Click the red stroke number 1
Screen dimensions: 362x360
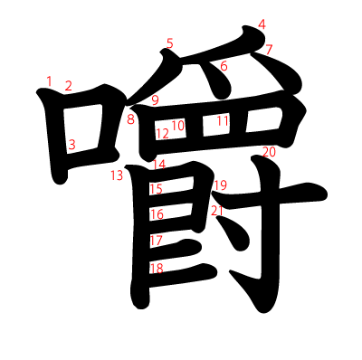[x=49, y=81]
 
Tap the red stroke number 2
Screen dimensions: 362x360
[x=68, y=86]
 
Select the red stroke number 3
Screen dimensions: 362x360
[x=71, y=144]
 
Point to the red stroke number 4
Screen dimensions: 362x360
[x=262, y=24]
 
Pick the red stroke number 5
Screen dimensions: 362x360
[x=169, y=43]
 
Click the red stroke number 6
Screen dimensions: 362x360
[x=224, y=66]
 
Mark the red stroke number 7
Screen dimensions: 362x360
[x=269, y=49]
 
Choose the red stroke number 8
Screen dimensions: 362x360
[x=130, y=119]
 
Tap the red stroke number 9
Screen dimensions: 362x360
[x=155, y=100]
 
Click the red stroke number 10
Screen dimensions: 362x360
[x=178, y=125]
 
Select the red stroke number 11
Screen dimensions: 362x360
[x=223, y=120]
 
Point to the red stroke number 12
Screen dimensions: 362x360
[x=162, y=134]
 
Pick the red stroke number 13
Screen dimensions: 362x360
[x=117, y=175]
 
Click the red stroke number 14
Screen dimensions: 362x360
[x=159, y=165]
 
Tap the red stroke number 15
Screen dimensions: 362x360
[x=156, y=189]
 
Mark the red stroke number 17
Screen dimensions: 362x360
[x=156, y=241]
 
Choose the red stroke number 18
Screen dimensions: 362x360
[x=156, y=268]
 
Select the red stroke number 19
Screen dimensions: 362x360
[x=220, y=185]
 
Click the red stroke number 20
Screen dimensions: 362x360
[x=268, y=152]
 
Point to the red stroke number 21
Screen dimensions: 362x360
[x=216, y=211]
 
